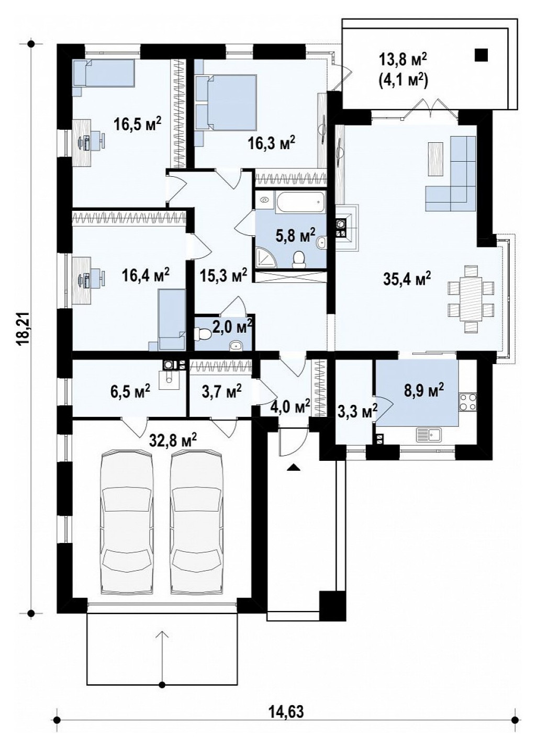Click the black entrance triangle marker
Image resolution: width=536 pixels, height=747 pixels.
[x=293, y=467]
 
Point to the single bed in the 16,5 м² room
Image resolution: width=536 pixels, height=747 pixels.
[x=104, y=73]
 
